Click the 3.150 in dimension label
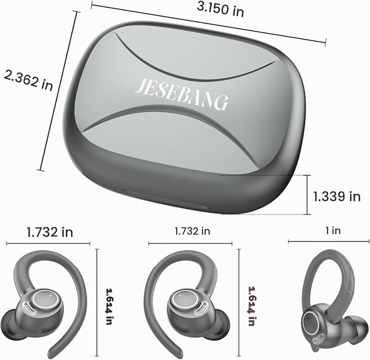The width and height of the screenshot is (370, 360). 221,10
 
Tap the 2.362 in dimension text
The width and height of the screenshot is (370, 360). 28,80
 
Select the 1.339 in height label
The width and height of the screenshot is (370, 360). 337,197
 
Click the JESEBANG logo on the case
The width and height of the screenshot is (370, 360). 181,94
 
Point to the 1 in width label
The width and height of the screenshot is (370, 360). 333,230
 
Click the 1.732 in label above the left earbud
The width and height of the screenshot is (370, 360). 50,232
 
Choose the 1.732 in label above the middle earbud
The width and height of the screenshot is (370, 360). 192,231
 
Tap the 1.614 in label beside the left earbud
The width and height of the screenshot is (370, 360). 109,306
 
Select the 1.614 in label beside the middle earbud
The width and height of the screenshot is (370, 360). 252,306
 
